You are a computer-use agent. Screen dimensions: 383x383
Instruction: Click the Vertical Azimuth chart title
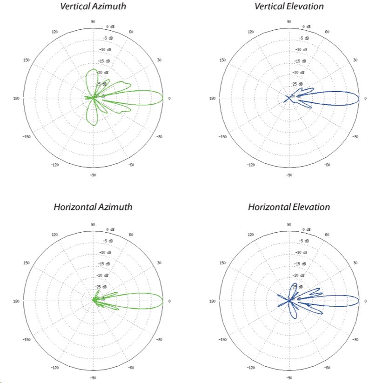(x=93, y=7)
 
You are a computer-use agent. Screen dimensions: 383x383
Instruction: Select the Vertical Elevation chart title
(x=289, y=7)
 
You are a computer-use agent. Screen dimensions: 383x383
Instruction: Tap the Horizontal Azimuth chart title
(x=93, y=207)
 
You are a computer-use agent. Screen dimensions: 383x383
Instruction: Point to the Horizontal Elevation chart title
(x=289, y=207)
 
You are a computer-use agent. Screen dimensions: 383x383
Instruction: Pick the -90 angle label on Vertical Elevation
(x=289, y=175)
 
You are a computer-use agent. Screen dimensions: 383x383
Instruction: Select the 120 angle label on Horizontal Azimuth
(x=55, y=235)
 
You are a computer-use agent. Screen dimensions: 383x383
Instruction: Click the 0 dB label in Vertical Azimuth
(x=110, y=27)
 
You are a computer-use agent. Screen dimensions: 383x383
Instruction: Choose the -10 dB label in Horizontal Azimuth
(x=107, y=252)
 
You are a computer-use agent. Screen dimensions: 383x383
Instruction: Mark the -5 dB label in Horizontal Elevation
(x=302, y=241)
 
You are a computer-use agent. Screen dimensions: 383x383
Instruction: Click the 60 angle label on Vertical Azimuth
(x=132, y=32)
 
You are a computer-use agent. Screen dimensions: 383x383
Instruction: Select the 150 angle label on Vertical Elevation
(x=222, y=60)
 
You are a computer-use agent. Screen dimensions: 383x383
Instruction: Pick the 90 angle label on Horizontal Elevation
(x=289, y=224)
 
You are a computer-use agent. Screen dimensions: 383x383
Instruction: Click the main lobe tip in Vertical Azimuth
(x=163, y=98)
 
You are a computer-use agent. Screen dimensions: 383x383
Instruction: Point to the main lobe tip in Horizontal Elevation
(x=359, y=301)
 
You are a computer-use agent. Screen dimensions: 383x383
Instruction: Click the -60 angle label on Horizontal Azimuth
(x=132, y=367)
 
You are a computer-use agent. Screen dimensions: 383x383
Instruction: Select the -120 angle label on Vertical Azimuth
(x=55, y=165)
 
